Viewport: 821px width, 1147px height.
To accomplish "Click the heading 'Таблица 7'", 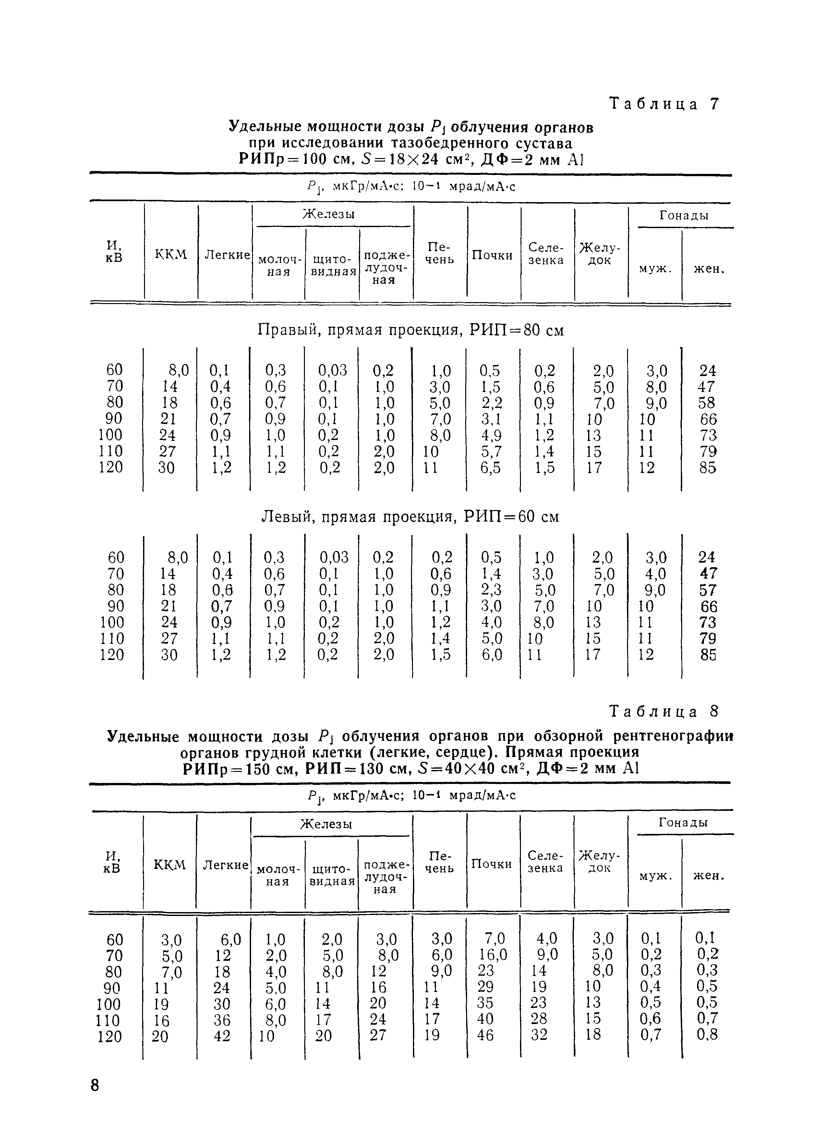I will (664, 104).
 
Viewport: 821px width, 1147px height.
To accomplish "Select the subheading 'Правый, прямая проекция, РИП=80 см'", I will (411, 330).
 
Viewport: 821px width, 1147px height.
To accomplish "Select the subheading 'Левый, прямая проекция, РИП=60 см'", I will (411, 517).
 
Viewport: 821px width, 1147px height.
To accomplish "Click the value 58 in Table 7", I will (707, 403).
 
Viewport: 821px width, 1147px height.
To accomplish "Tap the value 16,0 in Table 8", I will (492, 955).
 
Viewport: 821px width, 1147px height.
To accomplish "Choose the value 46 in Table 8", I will (485, 1035).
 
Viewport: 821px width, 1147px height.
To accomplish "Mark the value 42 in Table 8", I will (222, 1035).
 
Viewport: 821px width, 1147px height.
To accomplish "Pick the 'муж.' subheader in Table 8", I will (655, 876).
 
